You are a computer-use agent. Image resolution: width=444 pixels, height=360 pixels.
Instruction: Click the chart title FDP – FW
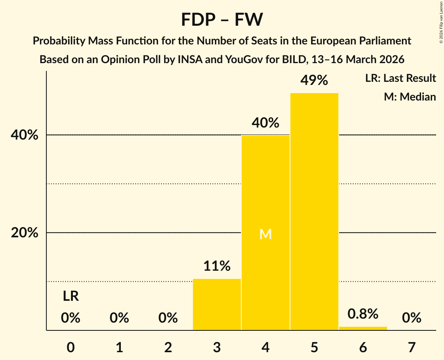pos(222,19)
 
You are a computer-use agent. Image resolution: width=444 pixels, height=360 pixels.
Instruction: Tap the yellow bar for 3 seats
pos(217,304)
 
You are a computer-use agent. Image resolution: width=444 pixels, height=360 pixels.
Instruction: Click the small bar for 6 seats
pos(363,328)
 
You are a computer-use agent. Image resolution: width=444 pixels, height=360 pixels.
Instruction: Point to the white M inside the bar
pos(265,234)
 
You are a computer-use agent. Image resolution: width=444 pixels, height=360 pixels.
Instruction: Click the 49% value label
pos(314,81)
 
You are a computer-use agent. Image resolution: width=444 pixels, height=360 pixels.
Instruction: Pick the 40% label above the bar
pos(265,123)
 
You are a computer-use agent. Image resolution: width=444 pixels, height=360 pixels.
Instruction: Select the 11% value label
pos(217,266)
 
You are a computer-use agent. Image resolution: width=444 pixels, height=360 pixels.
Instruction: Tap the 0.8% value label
pos(363,314)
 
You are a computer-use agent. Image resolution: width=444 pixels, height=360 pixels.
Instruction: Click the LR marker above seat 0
pos(71,296)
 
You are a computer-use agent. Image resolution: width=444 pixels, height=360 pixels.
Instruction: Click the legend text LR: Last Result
pos(400,78)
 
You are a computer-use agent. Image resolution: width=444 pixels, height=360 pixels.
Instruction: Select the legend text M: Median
pos(410,97)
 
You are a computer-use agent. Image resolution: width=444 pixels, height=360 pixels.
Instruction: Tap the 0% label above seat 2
pos(168,318)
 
